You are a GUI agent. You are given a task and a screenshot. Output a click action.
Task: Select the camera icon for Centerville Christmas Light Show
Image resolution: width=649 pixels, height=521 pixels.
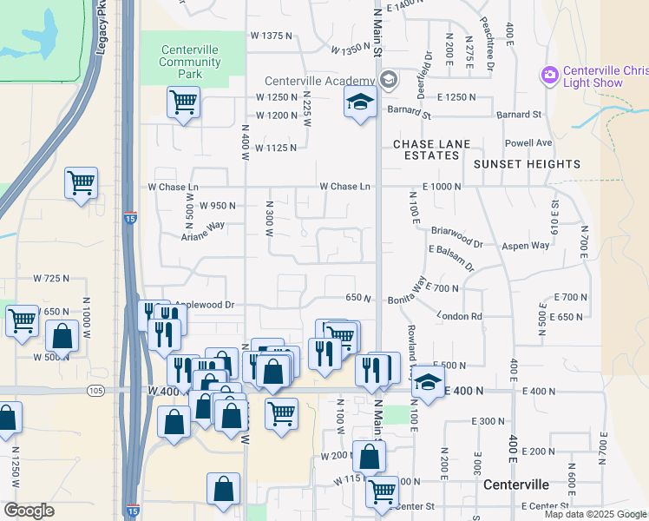pos(548,76)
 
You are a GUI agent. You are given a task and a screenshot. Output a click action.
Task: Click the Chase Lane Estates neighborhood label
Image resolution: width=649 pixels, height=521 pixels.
pos(431,149)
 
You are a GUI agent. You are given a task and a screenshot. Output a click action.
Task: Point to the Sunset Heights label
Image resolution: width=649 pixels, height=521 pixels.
pos(528,163)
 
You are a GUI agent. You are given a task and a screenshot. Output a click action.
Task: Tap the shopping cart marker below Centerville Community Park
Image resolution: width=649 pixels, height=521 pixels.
pos(184,102)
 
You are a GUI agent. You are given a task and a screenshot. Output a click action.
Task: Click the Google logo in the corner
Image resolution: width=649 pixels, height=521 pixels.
pos(29,511)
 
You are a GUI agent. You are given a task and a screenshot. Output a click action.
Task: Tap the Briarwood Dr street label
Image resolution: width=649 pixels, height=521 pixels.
pos(456,232)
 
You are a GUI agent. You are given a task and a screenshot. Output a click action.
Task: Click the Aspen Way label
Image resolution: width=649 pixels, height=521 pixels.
pos(527,246)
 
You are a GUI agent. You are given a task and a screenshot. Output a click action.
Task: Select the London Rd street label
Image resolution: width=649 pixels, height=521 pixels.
pos(459,317)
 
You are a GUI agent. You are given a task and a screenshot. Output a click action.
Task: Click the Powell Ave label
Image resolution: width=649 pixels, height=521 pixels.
pos(528,142)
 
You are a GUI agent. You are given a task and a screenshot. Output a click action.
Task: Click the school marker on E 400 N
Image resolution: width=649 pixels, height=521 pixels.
pos(427,382)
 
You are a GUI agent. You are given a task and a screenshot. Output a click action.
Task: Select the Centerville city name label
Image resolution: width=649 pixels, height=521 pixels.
pos(516,484)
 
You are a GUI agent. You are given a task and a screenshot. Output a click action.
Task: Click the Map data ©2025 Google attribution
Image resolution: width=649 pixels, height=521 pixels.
pos(595,513)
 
